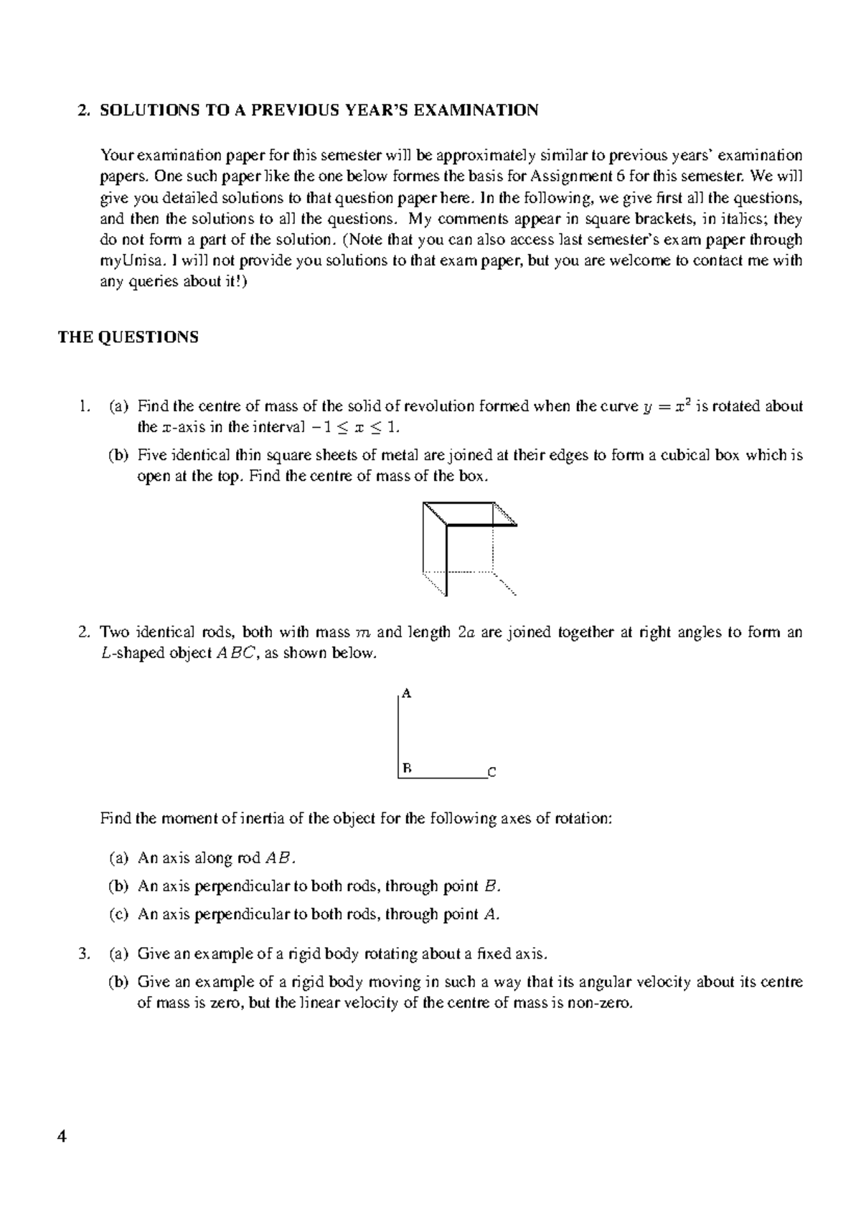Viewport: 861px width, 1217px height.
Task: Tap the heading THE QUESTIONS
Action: [x=128, y=337]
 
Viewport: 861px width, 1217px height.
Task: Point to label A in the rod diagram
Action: [x=407, y=693]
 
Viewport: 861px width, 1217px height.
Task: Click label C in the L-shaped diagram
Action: [x=491, y=773]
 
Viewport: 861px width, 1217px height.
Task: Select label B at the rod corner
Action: [x=407, y=768]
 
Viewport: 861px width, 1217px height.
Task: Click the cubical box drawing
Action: [x=469, y=548]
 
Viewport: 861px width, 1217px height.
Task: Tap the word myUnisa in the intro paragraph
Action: [x=126, y=260]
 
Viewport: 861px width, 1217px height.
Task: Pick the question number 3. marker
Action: [x=85, y=954]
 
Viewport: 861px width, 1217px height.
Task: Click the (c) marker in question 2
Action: [x=118, y=914]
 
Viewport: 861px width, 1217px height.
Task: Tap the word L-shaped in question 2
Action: [x=131, y=654]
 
